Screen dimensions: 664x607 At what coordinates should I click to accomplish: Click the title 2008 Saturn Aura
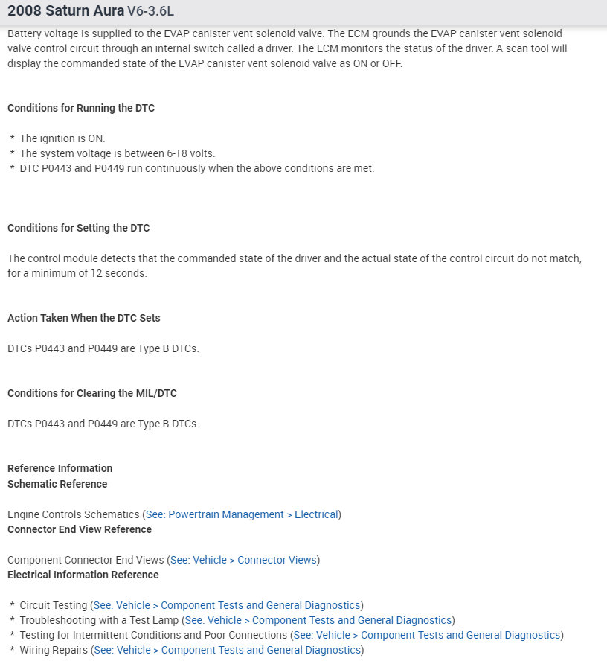click(65, 12)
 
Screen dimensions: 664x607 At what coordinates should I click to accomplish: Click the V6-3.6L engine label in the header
click(152, 13)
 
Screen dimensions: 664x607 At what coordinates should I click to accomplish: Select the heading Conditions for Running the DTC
click(81, 108)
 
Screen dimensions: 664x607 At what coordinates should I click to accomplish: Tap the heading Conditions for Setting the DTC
click(79, 228)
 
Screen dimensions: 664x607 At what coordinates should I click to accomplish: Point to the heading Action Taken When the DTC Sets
click(84, 318)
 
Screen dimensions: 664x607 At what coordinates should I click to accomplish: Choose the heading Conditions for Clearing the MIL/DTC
click(92, 393)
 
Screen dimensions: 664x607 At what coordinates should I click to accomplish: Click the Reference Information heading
click(60, 468)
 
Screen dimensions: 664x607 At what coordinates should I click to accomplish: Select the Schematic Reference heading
click(57, 484)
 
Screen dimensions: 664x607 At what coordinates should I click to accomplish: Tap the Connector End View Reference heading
click(80, 529)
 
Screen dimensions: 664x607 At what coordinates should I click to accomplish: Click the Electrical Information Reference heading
click(83, 575)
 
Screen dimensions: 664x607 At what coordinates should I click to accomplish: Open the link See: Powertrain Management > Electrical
click(242, 514)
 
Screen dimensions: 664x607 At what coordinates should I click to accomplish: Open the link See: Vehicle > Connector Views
click(244, 560)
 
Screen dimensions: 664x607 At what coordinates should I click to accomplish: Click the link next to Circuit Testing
click(227, 605)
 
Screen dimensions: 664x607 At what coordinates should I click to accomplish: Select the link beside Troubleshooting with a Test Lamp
click(318, 620)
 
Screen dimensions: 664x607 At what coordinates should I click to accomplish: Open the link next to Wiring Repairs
click(227, 651)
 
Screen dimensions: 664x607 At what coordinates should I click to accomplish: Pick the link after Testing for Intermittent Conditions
click(427, 635)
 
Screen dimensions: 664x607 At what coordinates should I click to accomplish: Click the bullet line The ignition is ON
click(62, 138)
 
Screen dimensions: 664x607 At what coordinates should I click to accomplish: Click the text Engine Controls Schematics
click(74, 514)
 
